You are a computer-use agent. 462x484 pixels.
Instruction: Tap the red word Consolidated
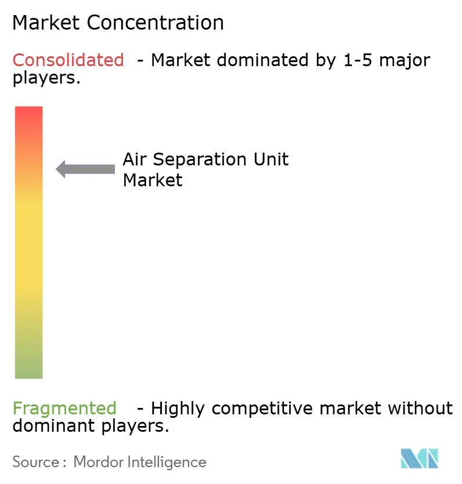pos(68,60)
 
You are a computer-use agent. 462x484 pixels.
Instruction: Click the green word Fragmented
pos(64,409)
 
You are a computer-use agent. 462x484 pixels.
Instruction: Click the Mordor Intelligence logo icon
pos(420,458)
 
